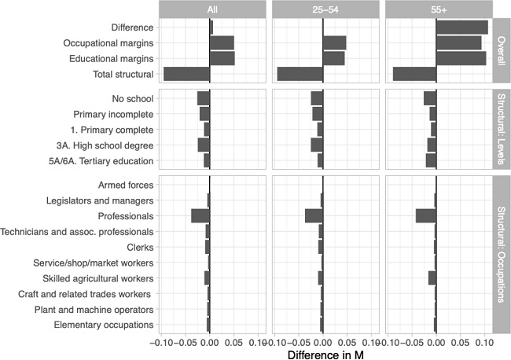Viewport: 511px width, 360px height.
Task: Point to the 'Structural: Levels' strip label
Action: (x=501, y=130)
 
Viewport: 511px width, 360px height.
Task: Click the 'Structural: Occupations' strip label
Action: (x=501, y=255)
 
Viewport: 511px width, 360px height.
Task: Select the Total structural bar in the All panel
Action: (x=186, y=74)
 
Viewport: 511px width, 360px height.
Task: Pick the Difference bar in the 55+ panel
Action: (x=462, y=28)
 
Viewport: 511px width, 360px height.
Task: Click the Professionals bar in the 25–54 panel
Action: (x=314, y=216)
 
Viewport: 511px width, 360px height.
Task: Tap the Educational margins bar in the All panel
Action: (x=222, y=58)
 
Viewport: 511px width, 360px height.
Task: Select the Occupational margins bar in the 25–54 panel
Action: (x=334, y=42)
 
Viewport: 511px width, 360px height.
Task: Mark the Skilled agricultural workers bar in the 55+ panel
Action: (x=432, y=278)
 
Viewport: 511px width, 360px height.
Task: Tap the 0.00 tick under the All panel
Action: (x=208, y=342)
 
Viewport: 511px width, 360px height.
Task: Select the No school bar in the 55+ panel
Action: (x=430, y=98)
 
